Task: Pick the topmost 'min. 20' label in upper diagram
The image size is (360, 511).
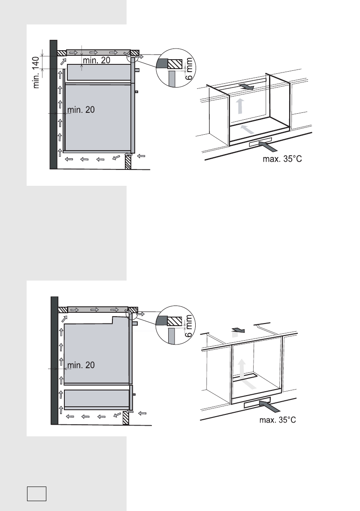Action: coord(96,61)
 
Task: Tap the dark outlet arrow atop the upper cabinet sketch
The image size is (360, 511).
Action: coord(247,87)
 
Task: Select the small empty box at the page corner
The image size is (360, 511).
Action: coord(36,493)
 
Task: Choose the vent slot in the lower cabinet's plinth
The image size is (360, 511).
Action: coord(257,405)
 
